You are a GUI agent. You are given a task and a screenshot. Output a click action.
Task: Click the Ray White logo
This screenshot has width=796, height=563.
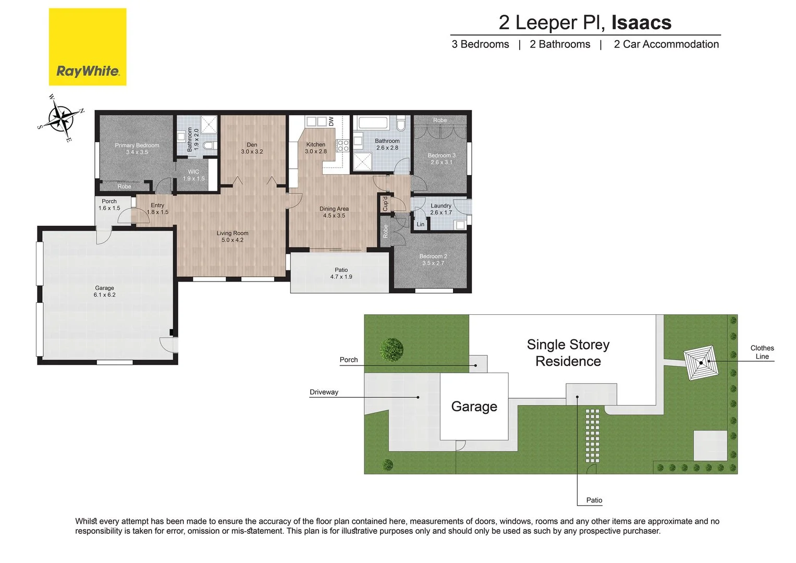(x=88, y=47)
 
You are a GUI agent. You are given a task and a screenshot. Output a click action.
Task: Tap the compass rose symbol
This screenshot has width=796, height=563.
(x=62, y=118)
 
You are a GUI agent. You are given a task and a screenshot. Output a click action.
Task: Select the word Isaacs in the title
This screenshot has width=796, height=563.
(x=641, y=22)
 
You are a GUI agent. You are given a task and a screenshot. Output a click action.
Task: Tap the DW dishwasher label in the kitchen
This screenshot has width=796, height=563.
(x=331, y=121)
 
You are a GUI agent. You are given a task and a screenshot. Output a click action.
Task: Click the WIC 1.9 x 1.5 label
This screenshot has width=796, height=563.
(x=193, y=175)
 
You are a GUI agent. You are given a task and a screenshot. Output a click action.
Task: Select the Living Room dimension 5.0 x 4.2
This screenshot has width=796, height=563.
(x=232, y=240)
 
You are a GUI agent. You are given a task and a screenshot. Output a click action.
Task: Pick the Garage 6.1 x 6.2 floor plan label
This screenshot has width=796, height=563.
(x=104, y=291)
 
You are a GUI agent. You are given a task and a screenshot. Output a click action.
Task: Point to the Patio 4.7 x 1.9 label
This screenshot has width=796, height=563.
(x=341, y=273)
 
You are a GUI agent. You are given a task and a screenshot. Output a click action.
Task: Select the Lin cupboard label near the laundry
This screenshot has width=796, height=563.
(x=420, y=224)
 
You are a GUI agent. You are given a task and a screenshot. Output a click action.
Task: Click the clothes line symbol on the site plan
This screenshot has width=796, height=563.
(x=701, y=363)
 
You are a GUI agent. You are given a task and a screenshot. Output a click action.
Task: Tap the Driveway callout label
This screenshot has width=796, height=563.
(x=324, y=392)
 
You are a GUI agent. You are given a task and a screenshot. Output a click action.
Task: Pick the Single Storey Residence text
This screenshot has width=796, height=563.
(x=568, y=353)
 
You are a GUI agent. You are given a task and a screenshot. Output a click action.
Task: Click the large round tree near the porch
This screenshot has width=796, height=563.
(x=391, y=349)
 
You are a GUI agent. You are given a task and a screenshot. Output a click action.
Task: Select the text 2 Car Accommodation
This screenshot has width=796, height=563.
(x=666, y=44)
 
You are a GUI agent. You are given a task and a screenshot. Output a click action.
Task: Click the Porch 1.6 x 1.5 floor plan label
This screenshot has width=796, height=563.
(x=109, y=204)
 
